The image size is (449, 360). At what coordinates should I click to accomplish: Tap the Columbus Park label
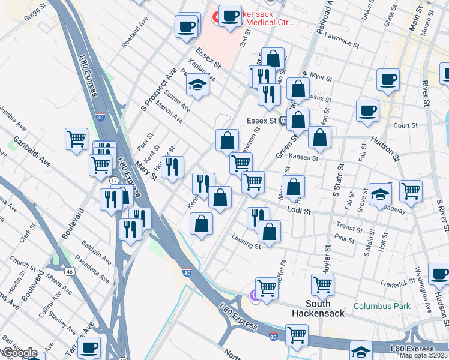[382, 306]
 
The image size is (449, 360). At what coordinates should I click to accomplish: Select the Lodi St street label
[298, 211]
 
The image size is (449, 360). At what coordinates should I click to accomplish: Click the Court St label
[406, 125]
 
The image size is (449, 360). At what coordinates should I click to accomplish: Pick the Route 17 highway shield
[113, 180]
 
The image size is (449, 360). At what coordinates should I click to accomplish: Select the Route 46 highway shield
[70, 271]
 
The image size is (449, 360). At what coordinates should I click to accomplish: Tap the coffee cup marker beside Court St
[367, 112]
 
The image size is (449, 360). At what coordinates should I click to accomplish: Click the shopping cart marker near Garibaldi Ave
[76, 139]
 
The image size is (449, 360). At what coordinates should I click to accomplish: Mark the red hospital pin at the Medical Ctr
[215, 17]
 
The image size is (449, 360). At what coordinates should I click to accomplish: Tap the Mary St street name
[145, 171]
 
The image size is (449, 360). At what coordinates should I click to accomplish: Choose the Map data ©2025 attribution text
[424, 355]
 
